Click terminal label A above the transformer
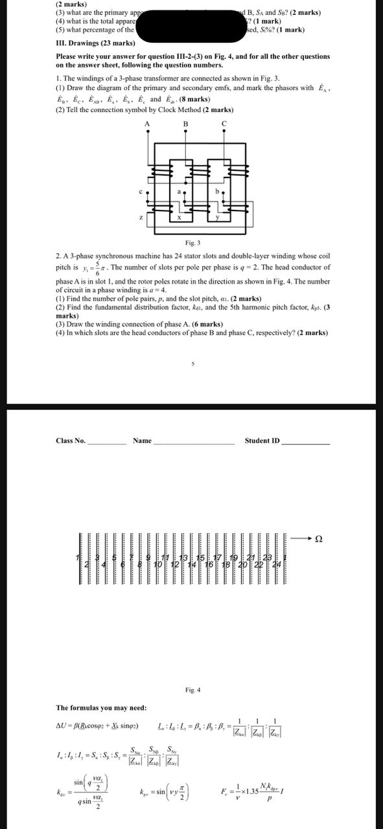(147, 123)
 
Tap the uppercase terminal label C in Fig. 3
(224, 123)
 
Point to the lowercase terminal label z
(141, 218)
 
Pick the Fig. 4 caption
(192, 672)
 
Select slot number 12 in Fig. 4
(174, 565)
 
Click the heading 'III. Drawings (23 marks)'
(96, 43)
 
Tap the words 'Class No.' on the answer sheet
(71, 441)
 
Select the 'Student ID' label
(262, 441)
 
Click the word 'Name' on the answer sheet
(142, 441)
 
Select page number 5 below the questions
(192, 364)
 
